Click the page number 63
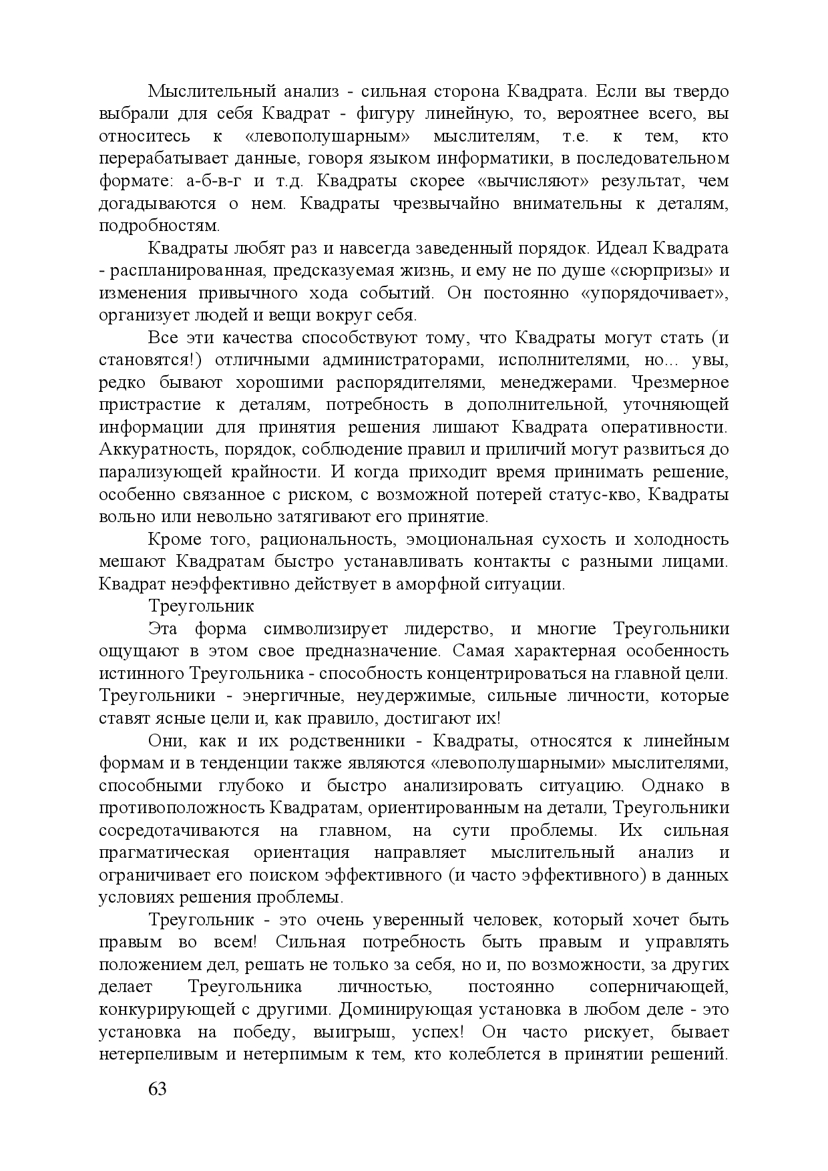157,1089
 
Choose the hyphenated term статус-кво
603,495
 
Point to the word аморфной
434,584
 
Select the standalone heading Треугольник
201,607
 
